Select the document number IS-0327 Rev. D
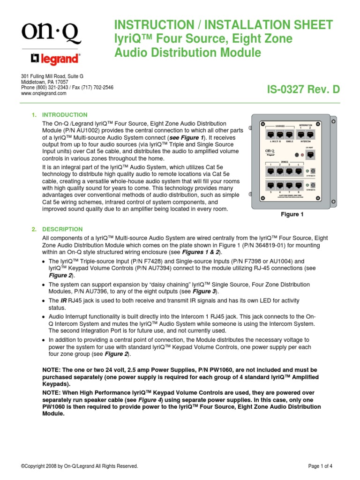tap(303, 90)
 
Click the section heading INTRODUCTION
tap(65, 115)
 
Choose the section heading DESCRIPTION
tap(62, 229)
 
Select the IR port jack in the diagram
tap(310, 154)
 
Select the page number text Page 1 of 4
tap(320, 466)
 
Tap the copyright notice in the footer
tap(80, 466)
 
